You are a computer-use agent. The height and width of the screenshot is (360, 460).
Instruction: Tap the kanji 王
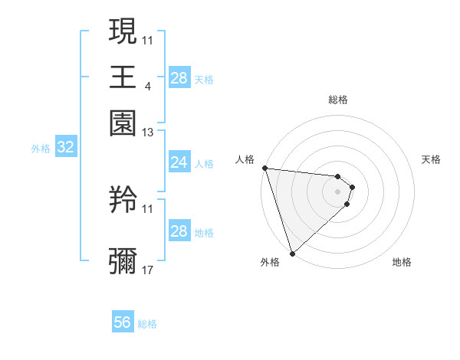click(123, 77)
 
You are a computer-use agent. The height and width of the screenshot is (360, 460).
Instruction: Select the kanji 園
click(123, 123)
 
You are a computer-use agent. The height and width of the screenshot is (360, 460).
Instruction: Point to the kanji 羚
click(123, 201)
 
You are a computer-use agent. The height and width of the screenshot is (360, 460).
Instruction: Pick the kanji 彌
click(123, 260)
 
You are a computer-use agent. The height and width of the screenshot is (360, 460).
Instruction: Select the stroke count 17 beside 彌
click(148, 270)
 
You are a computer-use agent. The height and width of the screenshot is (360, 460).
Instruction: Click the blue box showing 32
click(65, 148)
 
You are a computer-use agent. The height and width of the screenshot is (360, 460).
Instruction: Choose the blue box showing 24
click(179, 162)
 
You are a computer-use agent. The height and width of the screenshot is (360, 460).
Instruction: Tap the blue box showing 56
click(122, 322)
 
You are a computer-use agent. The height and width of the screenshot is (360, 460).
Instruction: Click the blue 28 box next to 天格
click(179, 78)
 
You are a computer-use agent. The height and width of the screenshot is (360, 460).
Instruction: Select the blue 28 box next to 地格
click(179, 231)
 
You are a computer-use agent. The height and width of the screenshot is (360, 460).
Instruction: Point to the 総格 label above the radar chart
click(338, 100)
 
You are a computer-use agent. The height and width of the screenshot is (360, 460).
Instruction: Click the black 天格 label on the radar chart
click(431, 159)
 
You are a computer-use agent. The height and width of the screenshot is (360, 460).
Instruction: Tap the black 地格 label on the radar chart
click(402, 262)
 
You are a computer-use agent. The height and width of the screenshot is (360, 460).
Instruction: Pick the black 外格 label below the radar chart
click(270, 262)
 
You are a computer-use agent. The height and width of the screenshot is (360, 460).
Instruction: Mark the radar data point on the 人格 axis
click(264, 168)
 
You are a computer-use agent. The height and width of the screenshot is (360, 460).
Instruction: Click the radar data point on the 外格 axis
click(292, 253)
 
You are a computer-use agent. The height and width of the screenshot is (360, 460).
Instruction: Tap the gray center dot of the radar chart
click(338, 191)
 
